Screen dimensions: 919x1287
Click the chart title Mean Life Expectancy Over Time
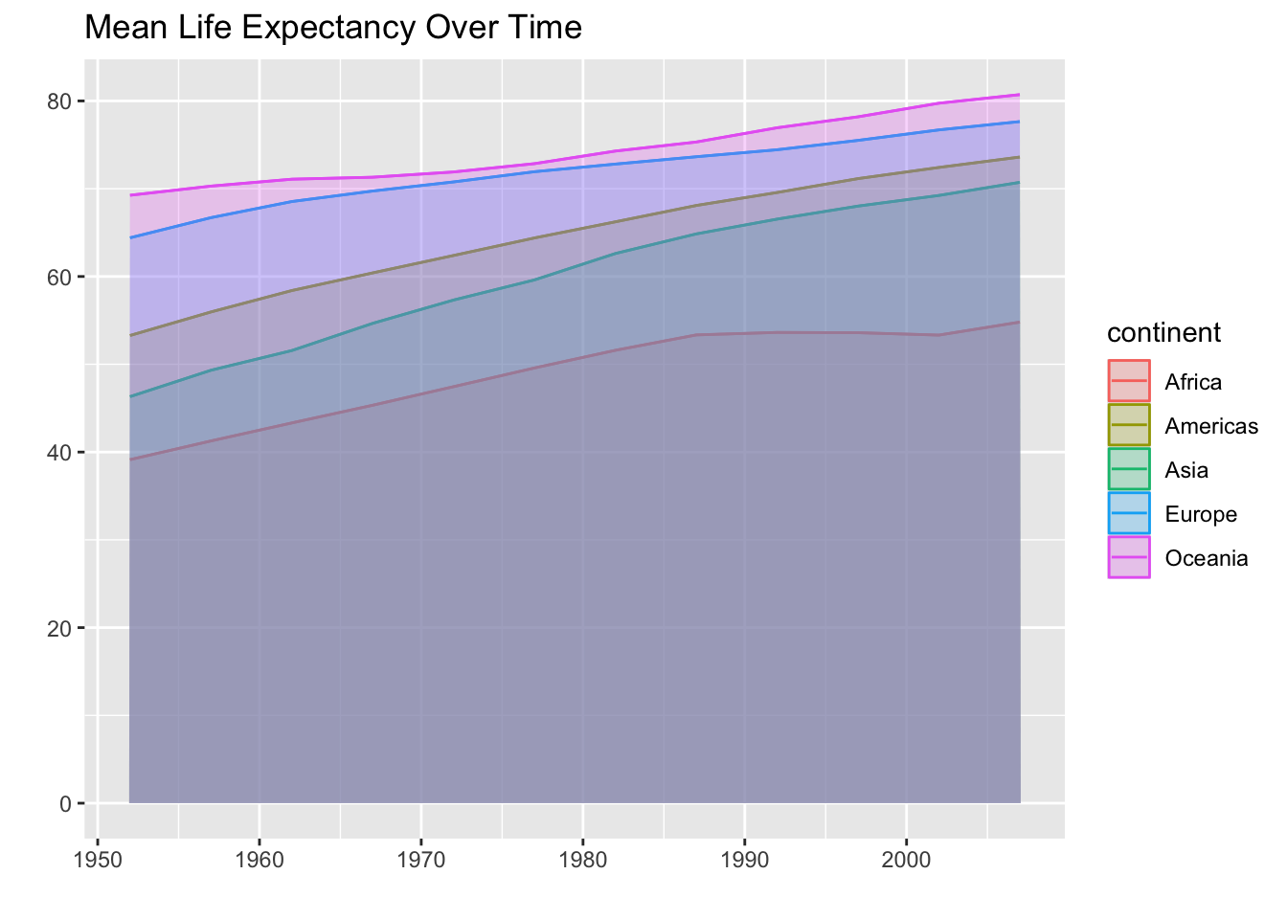[x=333, y=28]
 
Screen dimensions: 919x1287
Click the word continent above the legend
[x=1163, y=332]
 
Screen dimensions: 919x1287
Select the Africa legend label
[x=1193, y=383]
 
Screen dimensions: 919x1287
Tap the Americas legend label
[x=1211, y=427]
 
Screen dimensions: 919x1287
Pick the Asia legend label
[x=1186, y=471]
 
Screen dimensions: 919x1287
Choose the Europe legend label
[x=1201, y=515]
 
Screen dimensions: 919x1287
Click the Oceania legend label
[x=1207, y=559]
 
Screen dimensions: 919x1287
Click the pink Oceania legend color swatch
[x=1129, y=558]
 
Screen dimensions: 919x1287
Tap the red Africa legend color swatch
[x=1129, y=382]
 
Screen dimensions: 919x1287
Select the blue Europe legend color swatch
[x=1129, y=514]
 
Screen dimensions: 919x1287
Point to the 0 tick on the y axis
[x=66, y=803]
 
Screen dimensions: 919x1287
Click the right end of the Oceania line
[x=1019, y=95]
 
